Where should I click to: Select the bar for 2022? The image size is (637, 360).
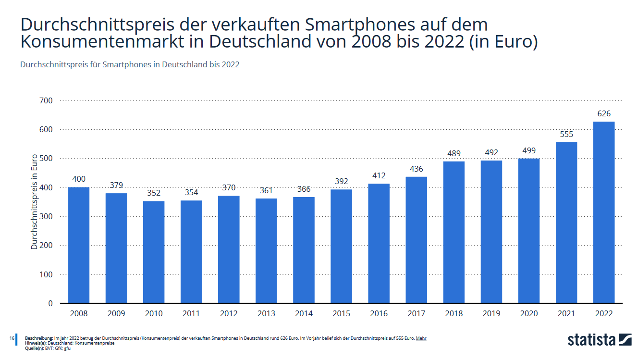tap(604, 212)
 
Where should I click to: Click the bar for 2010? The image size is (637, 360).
tap(154, 252)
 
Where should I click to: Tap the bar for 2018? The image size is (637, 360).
tap(454, 232)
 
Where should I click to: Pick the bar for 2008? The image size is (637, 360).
tap(79, 245)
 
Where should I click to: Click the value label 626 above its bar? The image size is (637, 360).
tap(604, 114)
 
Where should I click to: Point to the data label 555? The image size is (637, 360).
tap(566, 135)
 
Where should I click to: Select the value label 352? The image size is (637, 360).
tap(154, 193)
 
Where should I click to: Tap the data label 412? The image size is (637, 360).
tap(379, 176)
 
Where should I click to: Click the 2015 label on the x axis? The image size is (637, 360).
tap(341, 314)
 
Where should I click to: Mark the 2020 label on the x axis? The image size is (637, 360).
tap(529, 314)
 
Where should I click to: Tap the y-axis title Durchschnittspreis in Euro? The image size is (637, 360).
tap(35, 202)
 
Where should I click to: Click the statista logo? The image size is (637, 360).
tap(599, 339)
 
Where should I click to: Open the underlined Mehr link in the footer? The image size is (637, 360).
tap(421, 338)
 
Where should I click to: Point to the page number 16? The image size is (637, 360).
tap(12, 338)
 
